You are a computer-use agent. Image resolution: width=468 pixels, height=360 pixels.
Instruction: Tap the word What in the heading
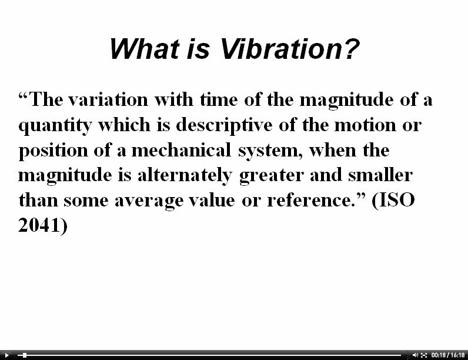(145, 49)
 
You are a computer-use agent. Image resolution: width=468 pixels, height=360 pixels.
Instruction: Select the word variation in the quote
(108, 99)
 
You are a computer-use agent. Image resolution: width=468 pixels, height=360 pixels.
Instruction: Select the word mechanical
(181, 150)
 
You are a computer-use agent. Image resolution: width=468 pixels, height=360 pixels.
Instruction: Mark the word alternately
(185, 176)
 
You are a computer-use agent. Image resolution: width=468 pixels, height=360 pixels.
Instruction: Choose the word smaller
(380, 175)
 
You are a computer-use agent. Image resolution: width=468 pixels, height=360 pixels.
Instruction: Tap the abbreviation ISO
(397, 200)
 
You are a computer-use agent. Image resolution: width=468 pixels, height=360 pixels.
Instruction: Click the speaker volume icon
(415, 355)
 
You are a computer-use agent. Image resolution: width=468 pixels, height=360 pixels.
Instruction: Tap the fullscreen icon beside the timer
(424, 355)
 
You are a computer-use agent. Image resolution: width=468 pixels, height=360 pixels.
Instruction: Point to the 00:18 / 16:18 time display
(448, 355)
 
